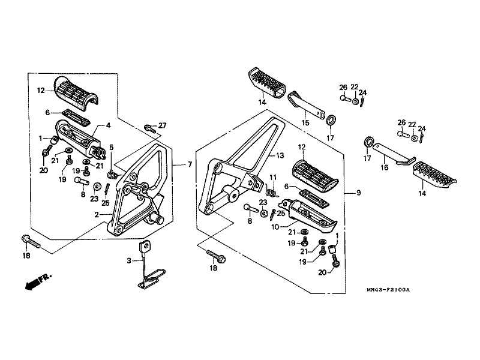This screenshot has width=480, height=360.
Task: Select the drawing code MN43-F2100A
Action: [x=388, y=290]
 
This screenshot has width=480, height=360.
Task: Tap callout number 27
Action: [x=162, y=125]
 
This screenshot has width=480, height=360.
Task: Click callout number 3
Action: [x=129, y=260]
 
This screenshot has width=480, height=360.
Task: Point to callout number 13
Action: [x=280, y=155]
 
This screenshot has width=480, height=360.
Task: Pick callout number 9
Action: [x=358, y=193]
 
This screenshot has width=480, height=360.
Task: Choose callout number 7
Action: [x=190, y=164]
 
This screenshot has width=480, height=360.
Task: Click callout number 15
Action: [x=305, y=123]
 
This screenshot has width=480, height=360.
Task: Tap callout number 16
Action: [x=384, y=167]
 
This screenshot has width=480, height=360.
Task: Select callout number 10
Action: [x=275, y=227]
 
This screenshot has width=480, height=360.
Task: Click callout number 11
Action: [x=273, y=177]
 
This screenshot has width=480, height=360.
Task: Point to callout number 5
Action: [x=112, y=148]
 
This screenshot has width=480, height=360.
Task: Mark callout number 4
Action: [x=109, y=125]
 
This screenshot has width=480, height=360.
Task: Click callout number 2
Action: [x=97, y=215]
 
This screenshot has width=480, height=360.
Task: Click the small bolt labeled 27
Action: [x=149, y=128]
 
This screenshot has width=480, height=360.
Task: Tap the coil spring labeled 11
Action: [x=271, y=193]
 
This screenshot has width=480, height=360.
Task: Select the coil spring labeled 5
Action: [x=113, y=175]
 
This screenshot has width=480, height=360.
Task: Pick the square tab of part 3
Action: [x=145, y=246]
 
